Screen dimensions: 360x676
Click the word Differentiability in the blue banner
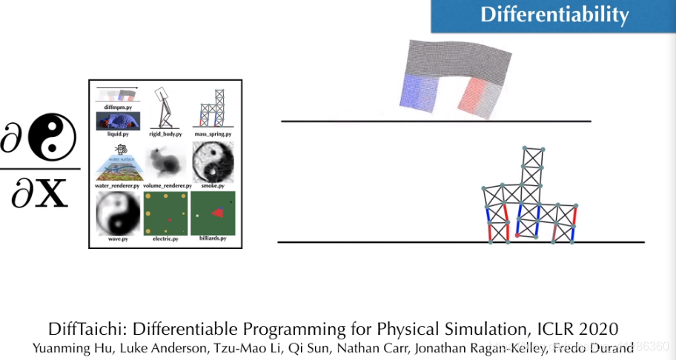point(554,15)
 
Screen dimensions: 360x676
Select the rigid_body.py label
point(165,133)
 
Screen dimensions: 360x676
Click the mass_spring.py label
point(213,133)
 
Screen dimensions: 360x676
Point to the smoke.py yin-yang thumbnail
point(213,161)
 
